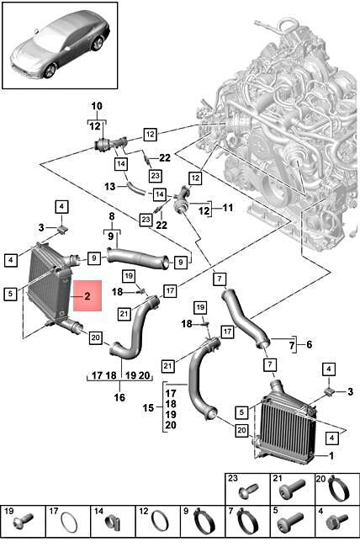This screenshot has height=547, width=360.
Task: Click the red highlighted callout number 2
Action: click(x=87, y=296)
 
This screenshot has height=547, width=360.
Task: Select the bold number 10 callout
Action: click(x=96, y=106)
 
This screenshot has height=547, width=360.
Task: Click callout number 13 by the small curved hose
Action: click(x=109, y=186)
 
